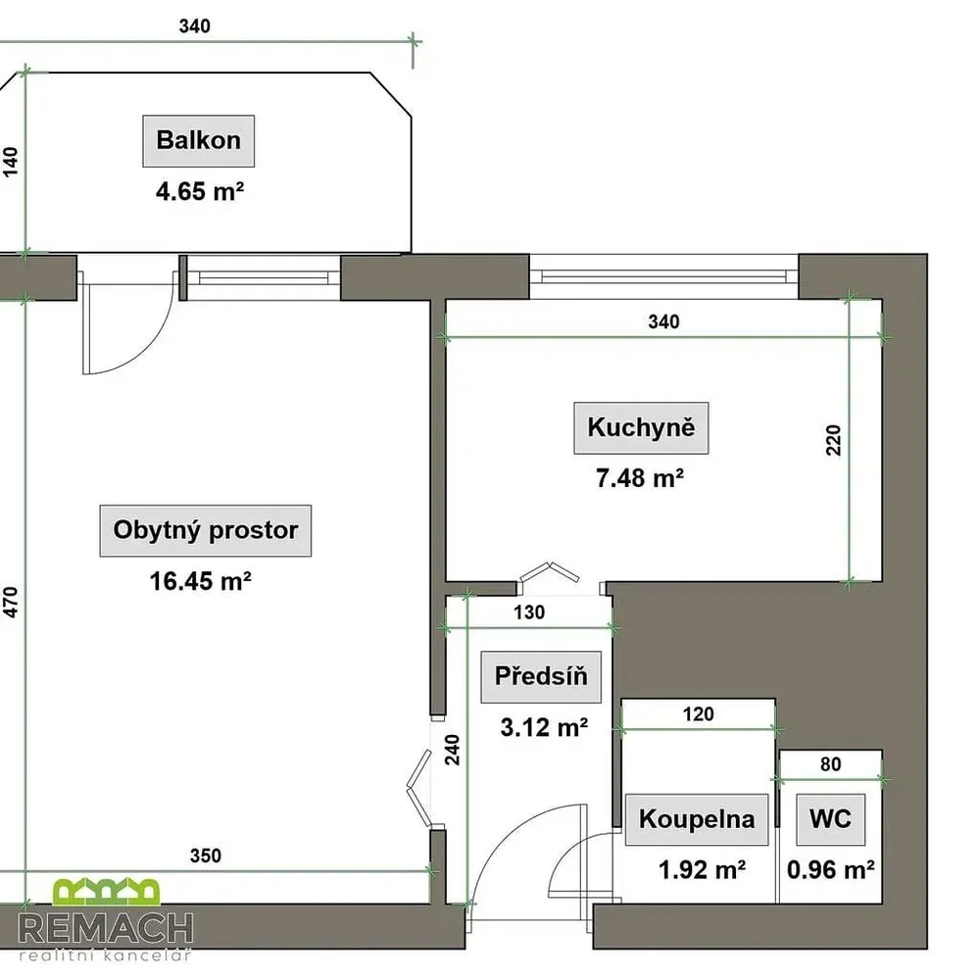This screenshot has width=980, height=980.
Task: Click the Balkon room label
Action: tap(199, 141)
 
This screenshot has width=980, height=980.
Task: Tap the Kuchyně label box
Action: tap(641, 428)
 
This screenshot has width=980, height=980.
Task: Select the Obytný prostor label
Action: tap(206, 530)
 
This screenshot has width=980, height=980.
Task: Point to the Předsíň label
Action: tap(541, 677)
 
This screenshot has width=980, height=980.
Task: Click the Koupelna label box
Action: tap(697, 819)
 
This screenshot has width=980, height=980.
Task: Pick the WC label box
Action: tap(831, 819)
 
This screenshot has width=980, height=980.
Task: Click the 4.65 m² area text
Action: tap(200, 191)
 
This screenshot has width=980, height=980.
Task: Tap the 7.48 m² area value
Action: tap(639, 478)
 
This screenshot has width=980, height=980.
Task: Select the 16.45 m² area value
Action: tap(200, 581)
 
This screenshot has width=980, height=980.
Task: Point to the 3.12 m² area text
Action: tap(544, 727)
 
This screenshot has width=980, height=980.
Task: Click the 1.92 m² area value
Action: tap(702, 870)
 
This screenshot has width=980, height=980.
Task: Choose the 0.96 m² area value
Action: tap(831, 870)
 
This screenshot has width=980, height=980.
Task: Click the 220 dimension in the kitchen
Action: tap(834, 440)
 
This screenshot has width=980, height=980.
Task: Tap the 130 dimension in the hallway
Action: tap(529, 612)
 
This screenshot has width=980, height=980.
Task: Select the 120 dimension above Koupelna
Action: tap(698, 714)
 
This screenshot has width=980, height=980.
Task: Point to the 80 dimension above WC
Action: tap(831, 764)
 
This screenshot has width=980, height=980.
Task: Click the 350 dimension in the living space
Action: tap(206, 856)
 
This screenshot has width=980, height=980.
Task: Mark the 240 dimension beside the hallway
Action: tap(453, 750)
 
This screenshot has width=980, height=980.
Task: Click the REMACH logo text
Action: tap(106, 929)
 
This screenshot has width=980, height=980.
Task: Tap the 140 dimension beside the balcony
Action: tap(11, 163)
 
